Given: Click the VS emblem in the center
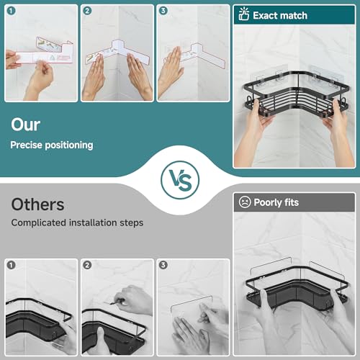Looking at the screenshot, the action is (180, 180).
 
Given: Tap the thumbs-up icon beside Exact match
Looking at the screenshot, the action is (244, 14).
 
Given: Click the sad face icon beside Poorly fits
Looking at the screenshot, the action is (245, 202).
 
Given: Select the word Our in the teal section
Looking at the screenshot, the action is (26, 125).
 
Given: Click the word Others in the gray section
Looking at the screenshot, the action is (37, 204).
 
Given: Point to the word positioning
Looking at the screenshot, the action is (69, 145).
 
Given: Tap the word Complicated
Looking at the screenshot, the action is (39, 223).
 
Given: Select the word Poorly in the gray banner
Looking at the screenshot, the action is (268, 203).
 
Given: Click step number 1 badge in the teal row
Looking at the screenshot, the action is (11, 11).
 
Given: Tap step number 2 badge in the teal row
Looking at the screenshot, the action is (87, 11).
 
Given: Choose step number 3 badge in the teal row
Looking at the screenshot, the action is (163, 11).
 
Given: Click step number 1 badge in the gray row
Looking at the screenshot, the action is (11, 265).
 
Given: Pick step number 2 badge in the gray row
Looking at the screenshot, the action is (87, 265).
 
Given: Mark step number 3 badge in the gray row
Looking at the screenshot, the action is (163, 265).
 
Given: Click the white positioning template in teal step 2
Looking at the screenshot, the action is (117, 53).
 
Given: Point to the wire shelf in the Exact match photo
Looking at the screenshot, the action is (296, 96).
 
